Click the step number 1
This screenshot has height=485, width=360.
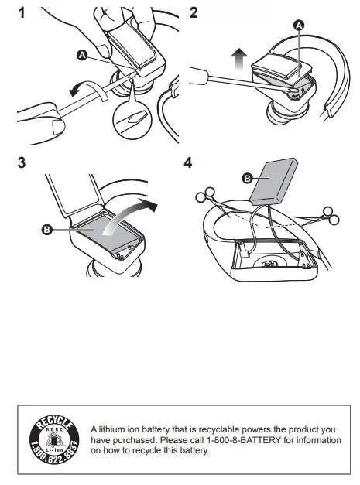[22, 13]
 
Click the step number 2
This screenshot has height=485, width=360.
[194, 12]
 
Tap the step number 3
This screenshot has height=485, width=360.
[22, 162]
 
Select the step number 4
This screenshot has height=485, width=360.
[188, 162]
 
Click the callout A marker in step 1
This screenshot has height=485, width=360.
[82, 56]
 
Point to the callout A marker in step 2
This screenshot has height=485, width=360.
[299, 26]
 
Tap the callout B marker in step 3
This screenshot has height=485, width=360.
[46, 230]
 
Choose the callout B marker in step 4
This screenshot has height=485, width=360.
[247, 179]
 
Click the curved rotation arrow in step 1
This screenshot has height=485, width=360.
[90, 88]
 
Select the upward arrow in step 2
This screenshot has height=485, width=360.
[239, 60]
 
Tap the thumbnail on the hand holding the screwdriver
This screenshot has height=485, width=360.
[58, 128]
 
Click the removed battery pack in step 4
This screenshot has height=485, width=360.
[273, 182]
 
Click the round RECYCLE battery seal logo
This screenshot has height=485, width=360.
[54, 440]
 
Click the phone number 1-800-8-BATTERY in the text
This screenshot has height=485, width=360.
[244, 440]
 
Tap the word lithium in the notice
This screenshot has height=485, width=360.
[111, 429]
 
